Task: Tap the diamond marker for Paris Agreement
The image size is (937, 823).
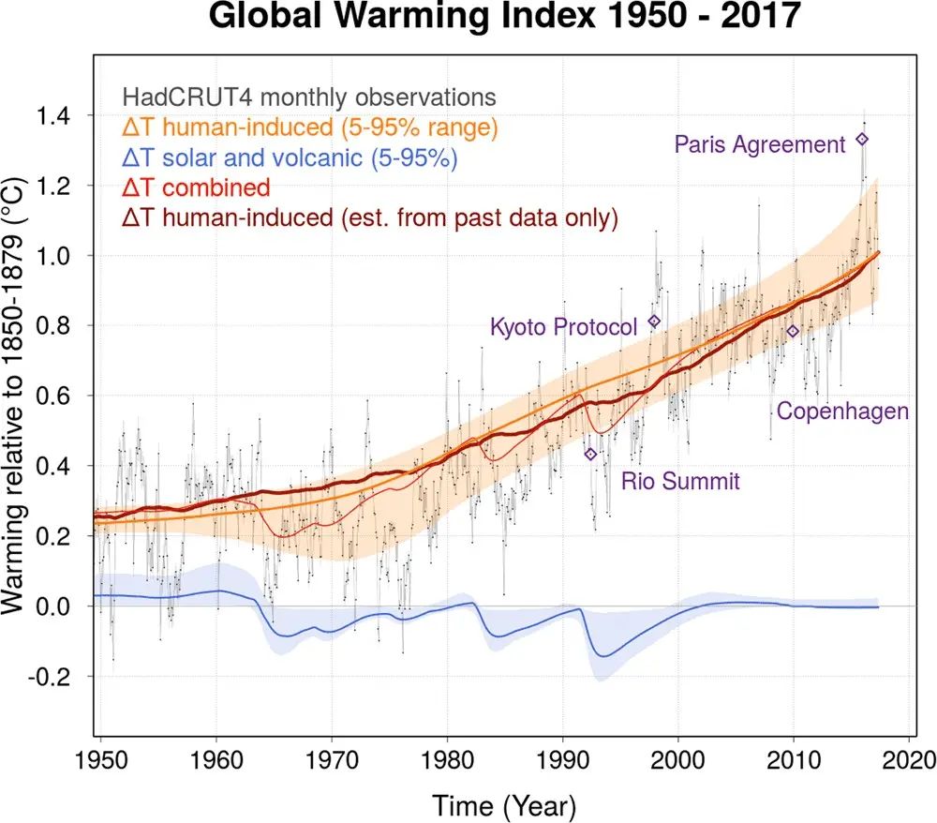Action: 862,139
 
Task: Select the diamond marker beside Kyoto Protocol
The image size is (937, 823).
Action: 655,322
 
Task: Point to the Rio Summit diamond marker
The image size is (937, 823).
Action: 590,454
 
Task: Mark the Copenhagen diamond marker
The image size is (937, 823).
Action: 793,331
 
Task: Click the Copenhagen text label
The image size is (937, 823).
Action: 842,411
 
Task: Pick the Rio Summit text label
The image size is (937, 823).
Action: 681,482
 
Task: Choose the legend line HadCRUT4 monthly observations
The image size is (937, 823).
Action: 308,97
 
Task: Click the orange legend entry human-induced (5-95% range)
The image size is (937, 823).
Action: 309,127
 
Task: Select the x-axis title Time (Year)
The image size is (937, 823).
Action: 504,803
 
